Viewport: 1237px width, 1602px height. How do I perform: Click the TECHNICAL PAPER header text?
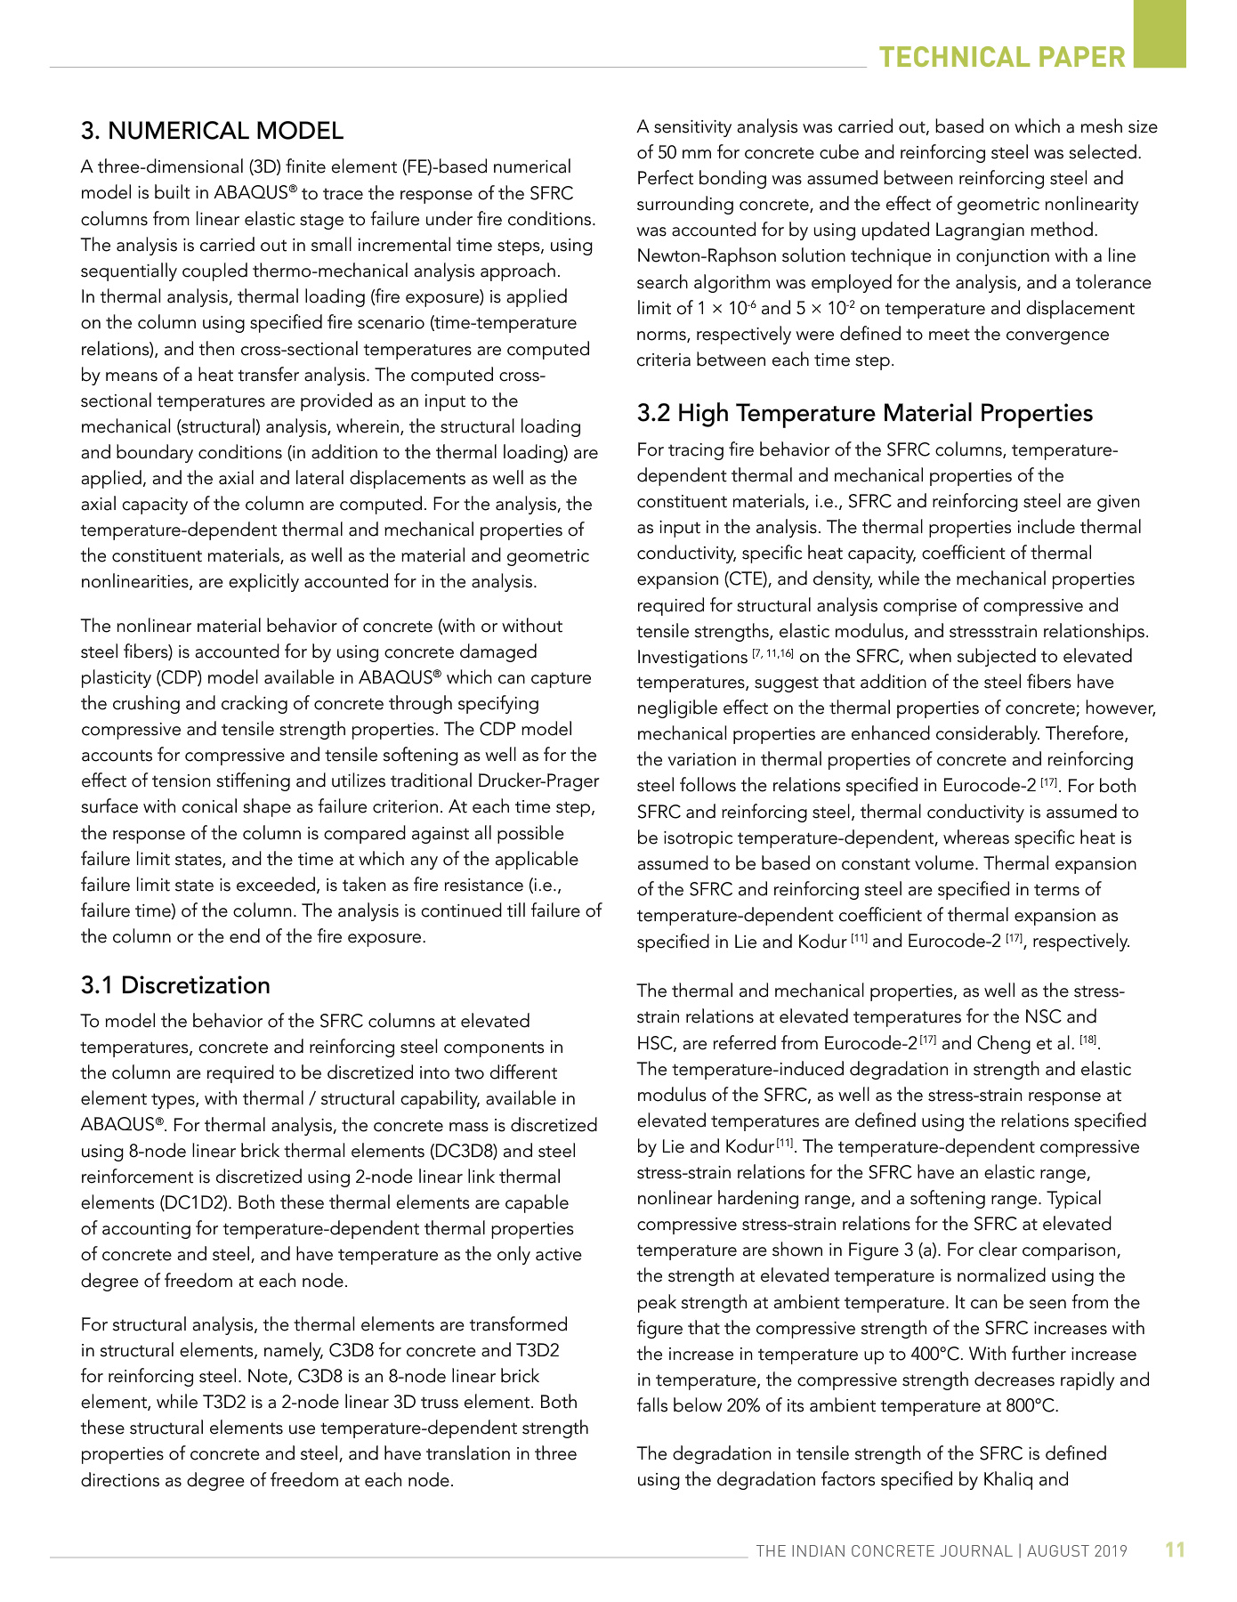1002,58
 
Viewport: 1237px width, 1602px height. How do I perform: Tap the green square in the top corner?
1160,33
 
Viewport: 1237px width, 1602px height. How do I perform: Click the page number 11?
1175,1549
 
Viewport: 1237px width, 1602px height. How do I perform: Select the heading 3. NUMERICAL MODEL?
212,131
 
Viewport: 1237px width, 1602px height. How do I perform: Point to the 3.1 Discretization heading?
175,985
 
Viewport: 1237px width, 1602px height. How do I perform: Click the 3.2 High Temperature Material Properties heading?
865,413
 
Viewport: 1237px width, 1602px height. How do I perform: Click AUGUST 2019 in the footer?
1077,1551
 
